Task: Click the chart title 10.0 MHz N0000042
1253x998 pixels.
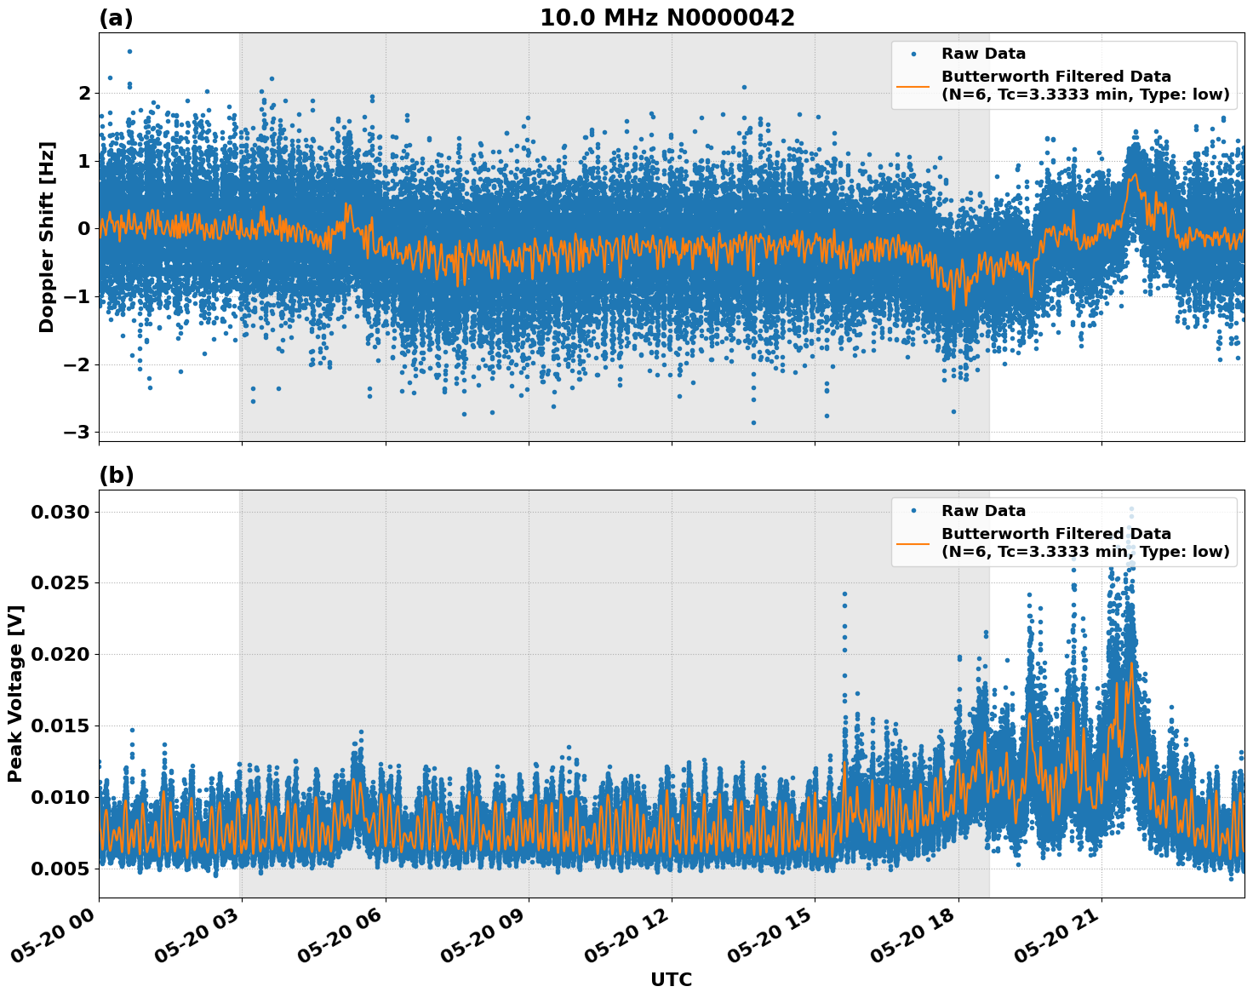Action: pos(667,18)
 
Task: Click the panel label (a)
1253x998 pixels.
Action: pos(116,18)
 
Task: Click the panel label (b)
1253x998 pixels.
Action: pos(116,475)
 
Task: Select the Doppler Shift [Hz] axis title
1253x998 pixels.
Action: pos(47,237)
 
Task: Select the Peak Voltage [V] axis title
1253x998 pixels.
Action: pos(15,693)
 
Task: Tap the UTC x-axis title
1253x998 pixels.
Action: pos(671,979)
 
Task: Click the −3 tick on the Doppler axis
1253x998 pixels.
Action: pos(77,432)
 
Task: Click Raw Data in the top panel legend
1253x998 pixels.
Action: pos(983,54)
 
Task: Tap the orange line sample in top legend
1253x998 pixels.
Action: pos(913,86)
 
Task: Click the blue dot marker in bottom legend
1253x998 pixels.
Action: pos(913,511)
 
